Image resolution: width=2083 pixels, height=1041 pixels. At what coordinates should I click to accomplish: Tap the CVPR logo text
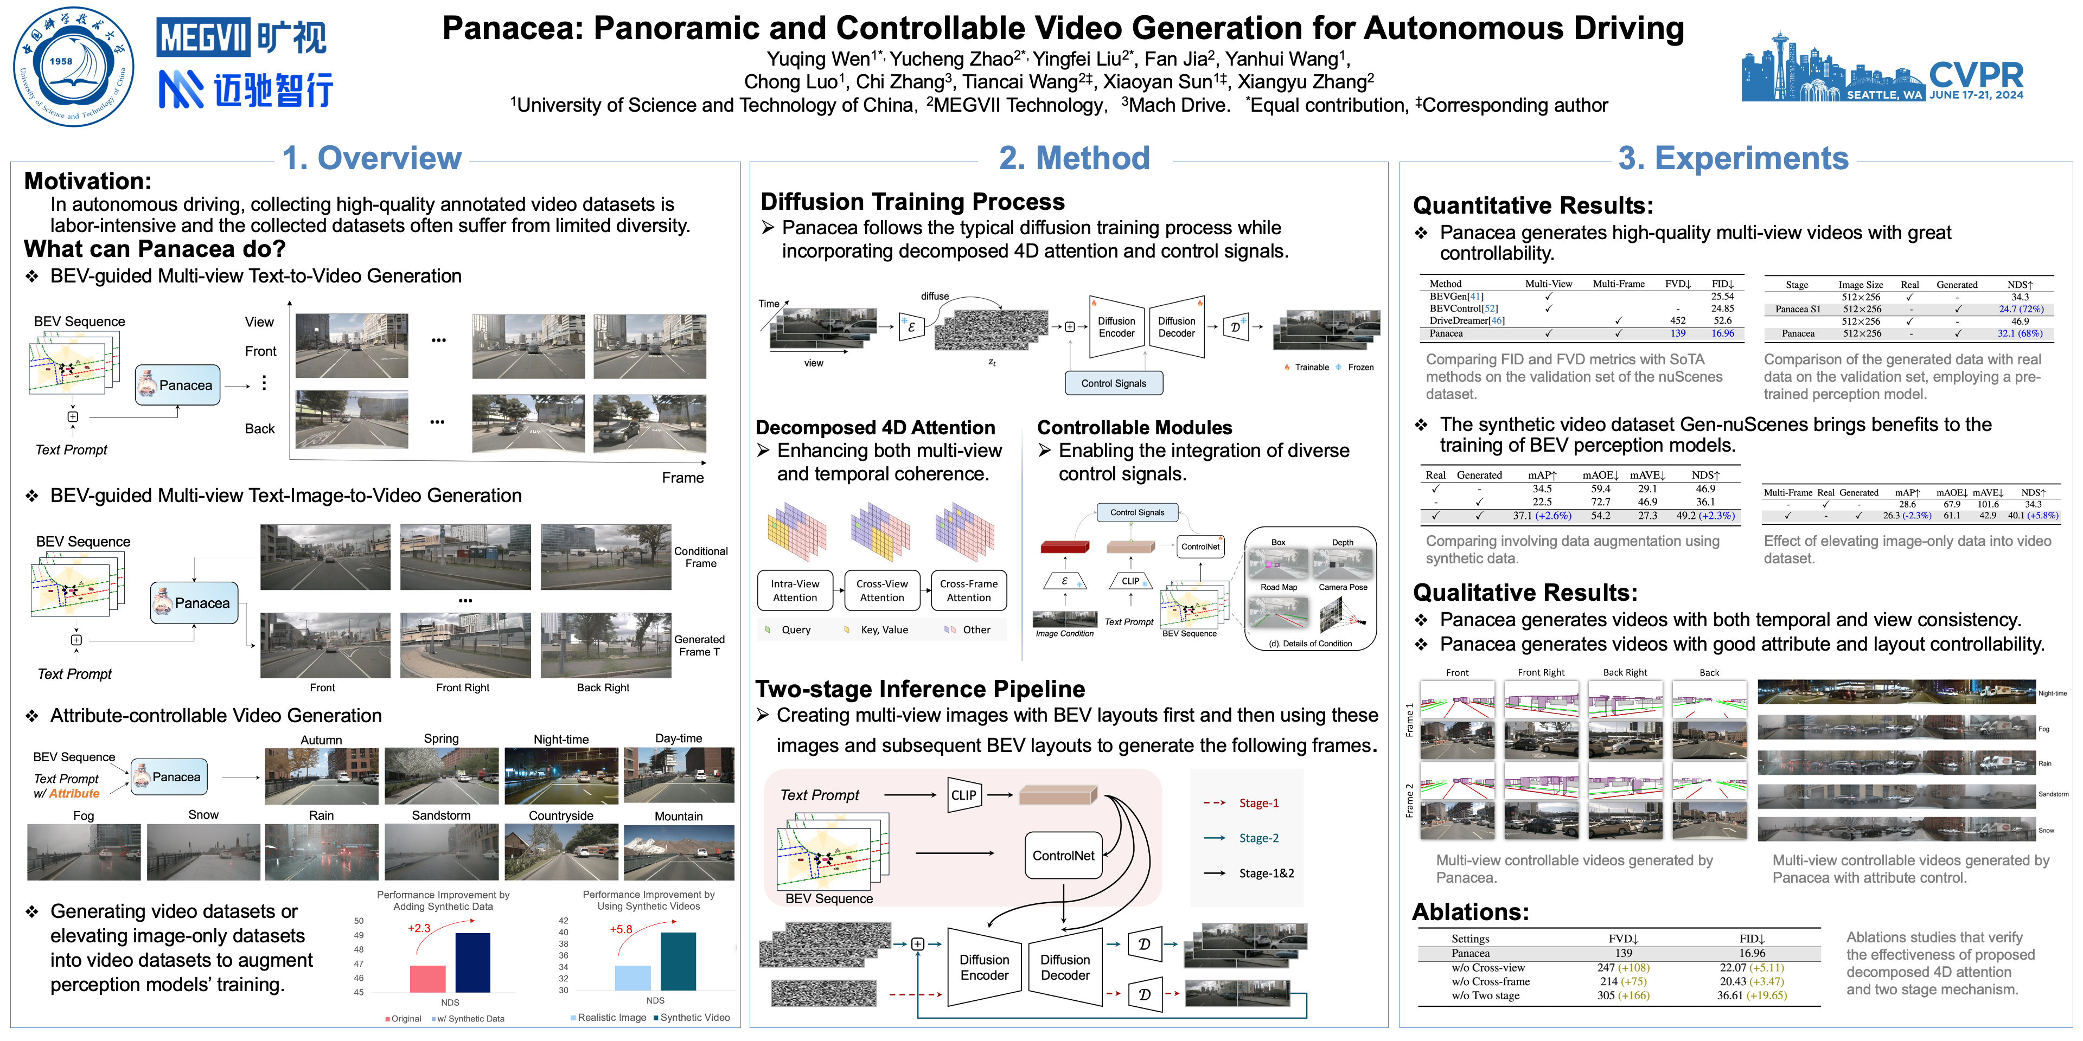pyautogui.click(x=1976, y=75)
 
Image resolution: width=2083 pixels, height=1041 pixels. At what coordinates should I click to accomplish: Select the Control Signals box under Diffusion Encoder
pyautogui.click(x=1114, y=383)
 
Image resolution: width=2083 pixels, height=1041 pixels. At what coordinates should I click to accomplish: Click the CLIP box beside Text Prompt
pyautogui.click(x=963, y=795)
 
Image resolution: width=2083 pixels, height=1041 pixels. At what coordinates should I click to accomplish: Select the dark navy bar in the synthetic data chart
pyautogui.click(x=472, y=962)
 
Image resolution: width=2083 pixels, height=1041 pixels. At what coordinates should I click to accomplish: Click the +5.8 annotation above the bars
pyautogui.click(x=621, y=929)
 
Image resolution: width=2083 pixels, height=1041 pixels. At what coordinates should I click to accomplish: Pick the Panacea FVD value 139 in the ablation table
pyautogui.click(x=1623, y=953)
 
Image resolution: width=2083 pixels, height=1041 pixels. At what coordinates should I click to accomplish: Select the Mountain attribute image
pyautogui.click(x=679, y=853)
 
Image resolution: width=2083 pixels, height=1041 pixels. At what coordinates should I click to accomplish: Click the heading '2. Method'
pyautogui.click(x=1074, y=158)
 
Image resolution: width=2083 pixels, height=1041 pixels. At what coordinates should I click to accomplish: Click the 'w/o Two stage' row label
pyautogui.click(x=1485, y=995)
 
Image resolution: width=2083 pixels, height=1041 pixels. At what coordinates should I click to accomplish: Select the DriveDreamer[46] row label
pyautogui.click(x=1467, y=321)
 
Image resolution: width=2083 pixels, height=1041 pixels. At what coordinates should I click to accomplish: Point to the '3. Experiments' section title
pyautogui.click(x=1733, y=158)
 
